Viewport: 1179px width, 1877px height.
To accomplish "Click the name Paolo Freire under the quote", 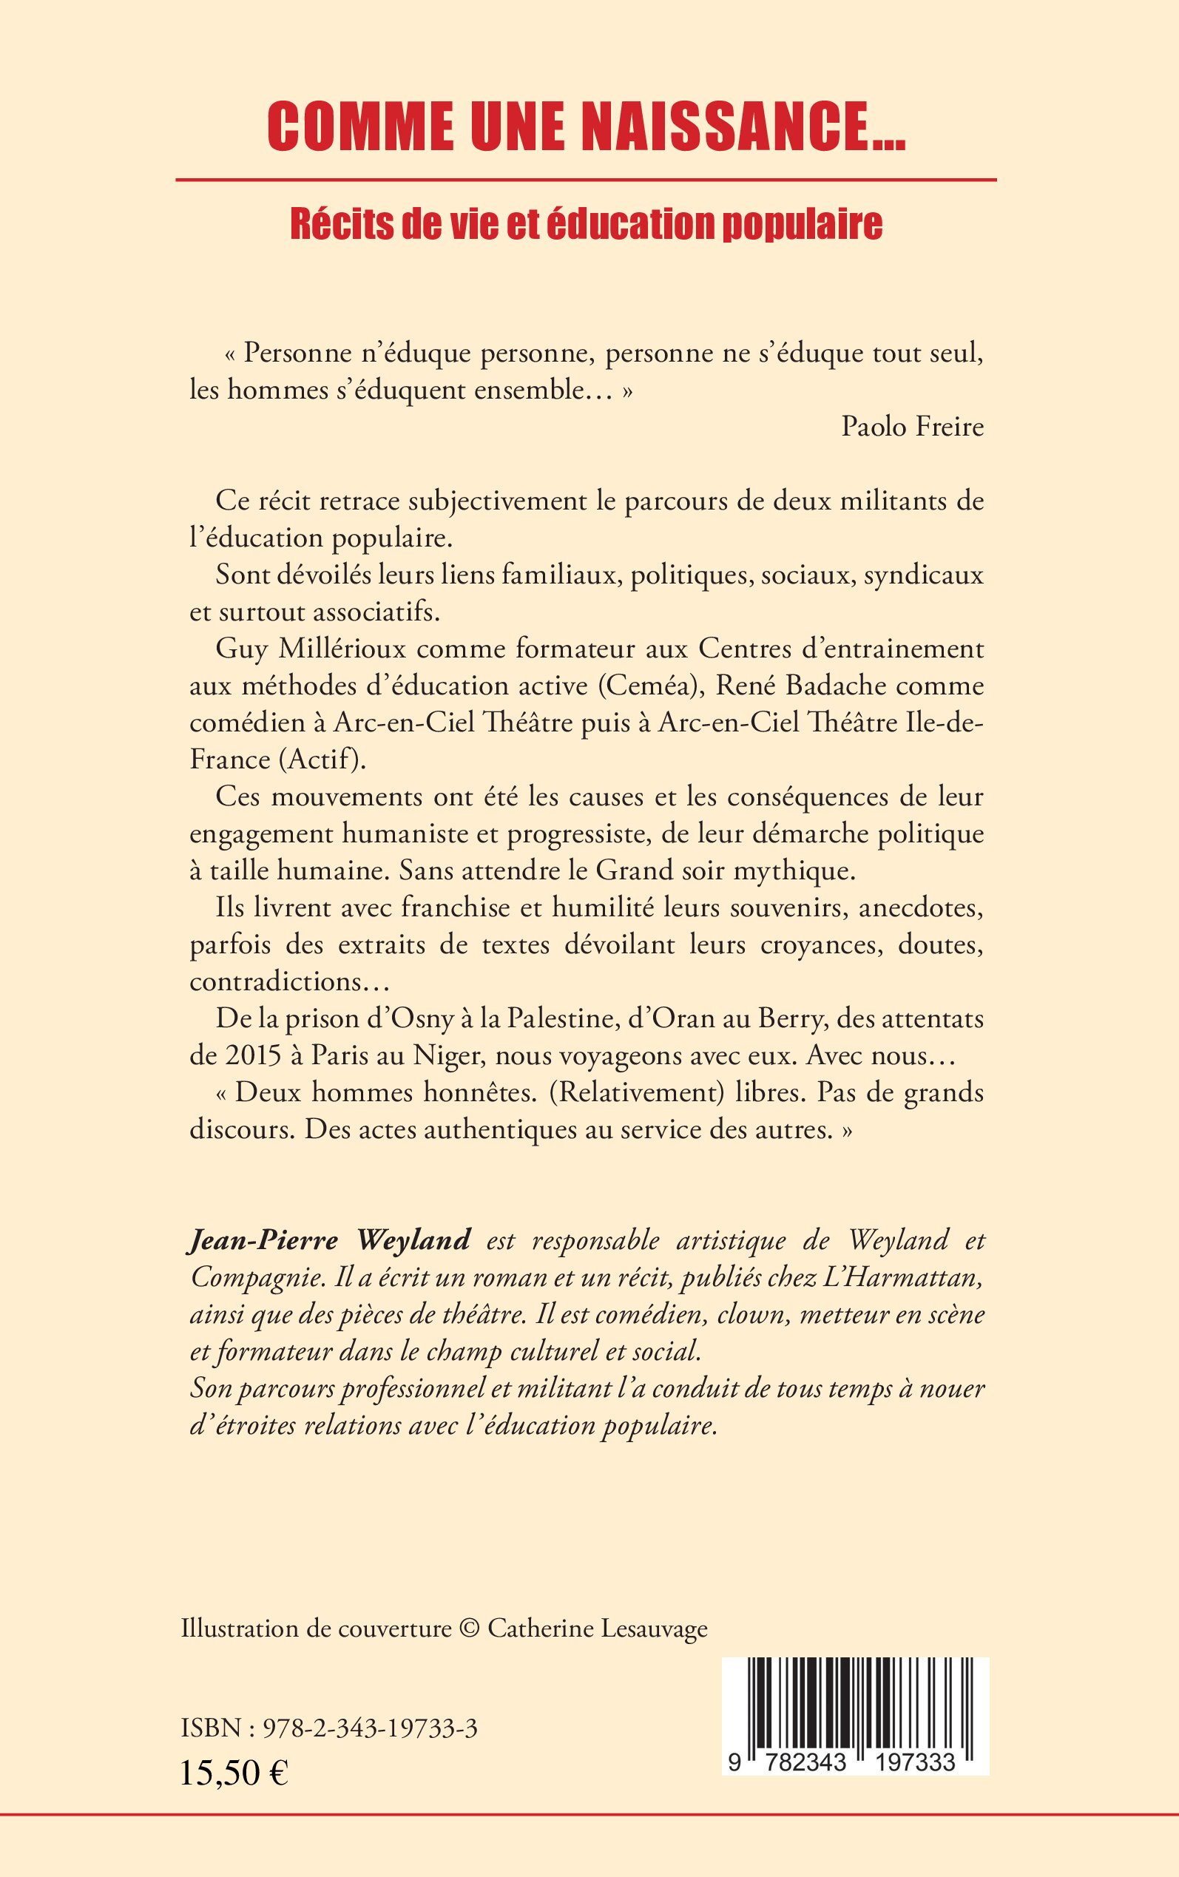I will [x=912, y=427].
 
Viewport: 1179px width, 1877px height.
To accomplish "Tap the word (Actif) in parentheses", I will [x=322, y=760].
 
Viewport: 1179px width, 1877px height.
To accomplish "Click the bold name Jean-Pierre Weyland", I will [x=330, y=1240].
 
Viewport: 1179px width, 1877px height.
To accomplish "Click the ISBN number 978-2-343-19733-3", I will [x=371, y=1729].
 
